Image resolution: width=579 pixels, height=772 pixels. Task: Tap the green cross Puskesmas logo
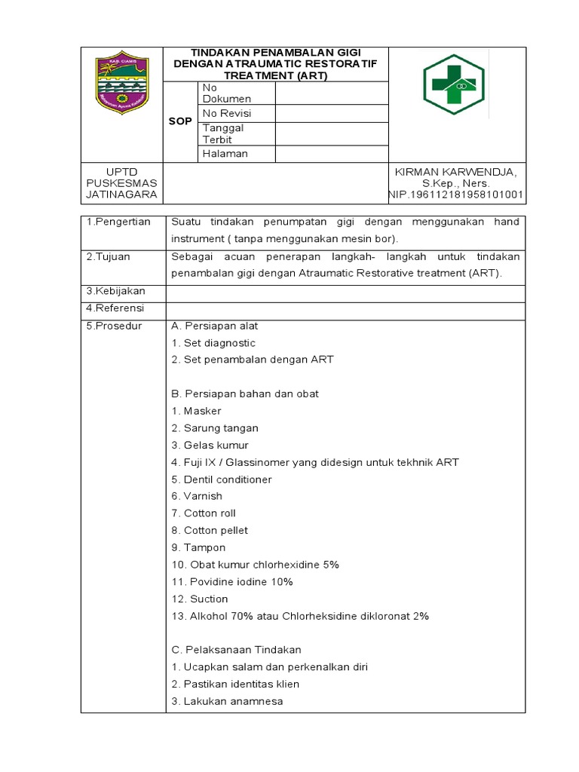click(453, 84)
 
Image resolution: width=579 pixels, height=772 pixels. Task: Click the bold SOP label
click(180, 121)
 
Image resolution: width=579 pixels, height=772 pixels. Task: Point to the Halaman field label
click(225, 154)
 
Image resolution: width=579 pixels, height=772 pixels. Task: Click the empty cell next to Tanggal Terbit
click(332, 133)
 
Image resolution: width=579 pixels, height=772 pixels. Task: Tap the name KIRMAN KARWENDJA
click(456, 172)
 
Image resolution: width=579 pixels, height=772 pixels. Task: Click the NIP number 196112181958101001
click(456, 195)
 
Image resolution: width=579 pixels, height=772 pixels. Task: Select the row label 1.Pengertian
click(118, 222)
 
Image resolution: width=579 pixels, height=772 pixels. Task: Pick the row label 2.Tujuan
click(108, 256)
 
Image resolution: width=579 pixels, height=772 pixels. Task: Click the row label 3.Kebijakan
click(115, 291)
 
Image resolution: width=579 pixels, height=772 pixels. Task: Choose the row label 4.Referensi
click(115, 308)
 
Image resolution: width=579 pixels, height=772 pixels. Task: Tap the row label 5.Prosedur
click(114, 326)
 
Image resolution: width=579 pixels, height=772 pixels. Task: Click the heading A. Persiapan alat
click(215, 326)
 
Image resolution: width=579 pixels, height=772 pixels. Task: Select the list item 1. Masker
click(196, 411)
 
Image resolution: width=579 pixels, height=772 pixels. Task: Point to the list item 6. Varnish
click(198, 496)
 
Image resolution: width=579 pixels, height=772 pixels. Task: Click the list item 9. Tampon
click(198, 547)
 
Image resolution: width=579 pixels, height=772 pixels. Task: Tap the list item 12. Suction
click(200, 599)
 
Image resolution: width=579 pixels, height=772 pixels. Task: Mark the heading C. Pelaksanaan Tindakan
click(237, 650)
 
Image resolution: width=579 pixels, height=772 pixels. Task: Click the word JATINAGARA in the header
click(121, 195)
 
